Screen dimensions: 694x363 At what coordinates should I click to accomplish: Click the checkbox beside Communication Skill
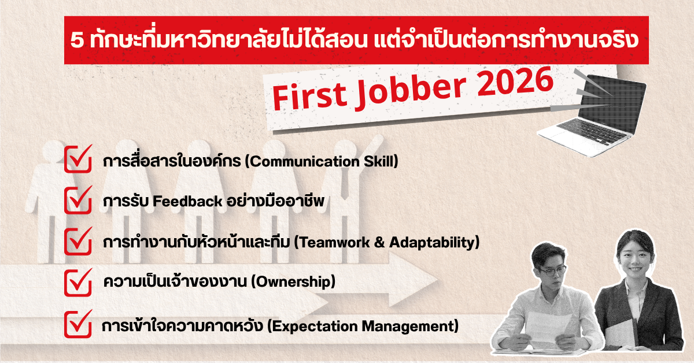click(x=78, y=159)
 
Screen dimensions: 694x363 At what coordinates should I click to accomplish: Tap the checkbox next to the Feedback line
click(x=78, y=200)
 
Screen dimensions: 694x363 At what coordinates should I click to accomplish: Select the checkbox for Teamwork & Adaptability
click(x=78, y=241)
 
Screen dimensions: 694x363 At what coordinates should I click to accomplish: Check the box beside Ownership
click(x=78, y=283)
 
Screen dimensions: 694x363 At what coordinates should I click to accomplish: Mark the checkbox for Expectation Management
click(x=78, y=324)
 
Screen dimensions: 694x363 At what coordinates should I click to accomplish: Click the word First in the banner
click(x=309, y=96)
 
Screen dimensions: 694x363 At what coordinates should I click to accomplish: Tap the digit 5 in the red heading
click(x=77, y=40)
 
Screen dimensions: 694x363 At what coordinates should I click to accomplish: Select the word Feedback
click(x=187, y=201)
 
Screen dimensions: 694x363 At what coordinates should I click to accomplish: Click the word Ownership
click(x=293, y=282)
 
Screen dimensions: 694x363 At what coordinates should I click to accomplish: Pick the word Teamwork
click(x=332, y=243)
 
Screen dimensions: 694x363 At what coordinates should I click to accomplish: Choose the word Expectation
click(x=312, y=327)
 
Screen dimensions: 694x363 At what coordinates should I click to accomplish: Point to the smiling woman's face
click(x=635, y=262)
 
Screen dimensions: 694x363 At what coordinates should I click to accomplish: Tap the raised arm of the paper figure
click(x=370, y=146)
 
